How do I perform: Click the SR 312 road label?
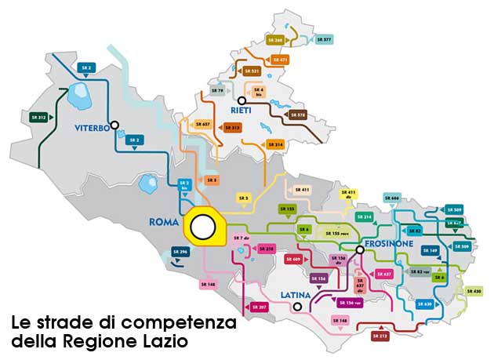pyautogui.click(x=38, y=117)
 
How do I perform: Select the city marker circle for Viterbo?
pyautogui.click(x=115, y=124)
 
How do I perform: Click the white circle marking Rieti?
pyautogui.click(x=242, y=100)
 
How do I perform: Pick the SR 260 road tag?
pyautogui.click(x=275, y=38)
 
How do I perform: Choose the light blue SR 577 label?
pyautogui.click(x=324, y=38)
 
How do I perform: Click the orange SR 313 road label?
pyautogui.click(x=232, y=126)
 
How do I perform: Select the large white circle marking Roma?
pyautogui.click(x=204, y=227)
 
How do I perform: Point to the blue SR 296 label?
pyautogui.click(x=181, y=252)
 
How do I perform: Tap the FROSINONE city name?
pyautogui.click(x=387, y=244)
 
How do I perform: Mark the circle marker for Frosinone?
pyautogui.click(x=359, y=250)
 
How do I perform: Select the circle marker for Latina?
pyautogui.click(x=297, y=307)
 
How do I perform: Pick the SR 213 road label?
pyautogui.click(x=380, y=336)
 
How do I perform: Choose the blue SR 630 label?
pyautogui.click(x=423, y=304)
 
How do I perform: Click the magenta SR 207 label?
pyautogui.click(x=260, y=307)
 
